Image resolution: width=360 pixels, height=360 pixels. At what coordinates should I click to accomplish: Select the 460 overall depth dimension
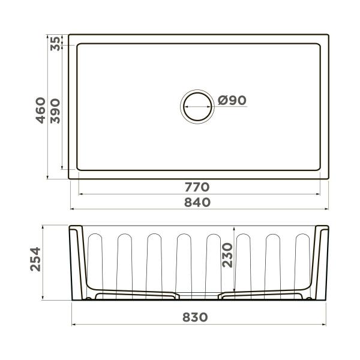(x=40, y=109)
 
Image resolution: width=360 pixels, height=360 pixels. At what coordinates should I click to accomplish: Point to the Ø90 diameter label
(x=232, y=101)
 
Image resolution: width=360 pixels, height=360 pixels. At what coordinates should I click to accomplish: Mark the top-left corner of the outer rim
(x=68, y=34)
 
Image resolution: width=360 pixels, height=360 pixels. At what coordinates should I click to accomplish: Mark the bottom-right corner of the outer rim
(x=329, y=179)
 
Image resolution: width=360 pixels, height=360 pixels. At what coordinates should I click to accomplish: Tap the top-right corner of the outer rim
(x=329, y=34)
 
